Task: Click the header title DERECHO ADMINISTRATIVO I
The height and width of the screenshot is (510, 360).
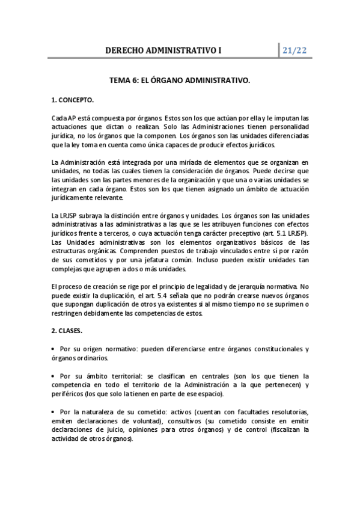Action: coord(159,52)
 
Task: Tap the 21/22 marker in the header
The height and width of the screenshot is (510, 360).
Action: coord(294,51)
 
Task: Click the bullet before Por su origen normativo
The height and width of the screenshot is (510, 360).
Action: coord(53,349)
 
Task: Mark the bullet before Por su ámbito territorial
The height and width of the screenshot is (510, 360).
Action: coord(53,376)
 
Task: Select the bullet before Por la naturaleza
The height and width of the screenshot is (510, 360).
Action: coord(53,411)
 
